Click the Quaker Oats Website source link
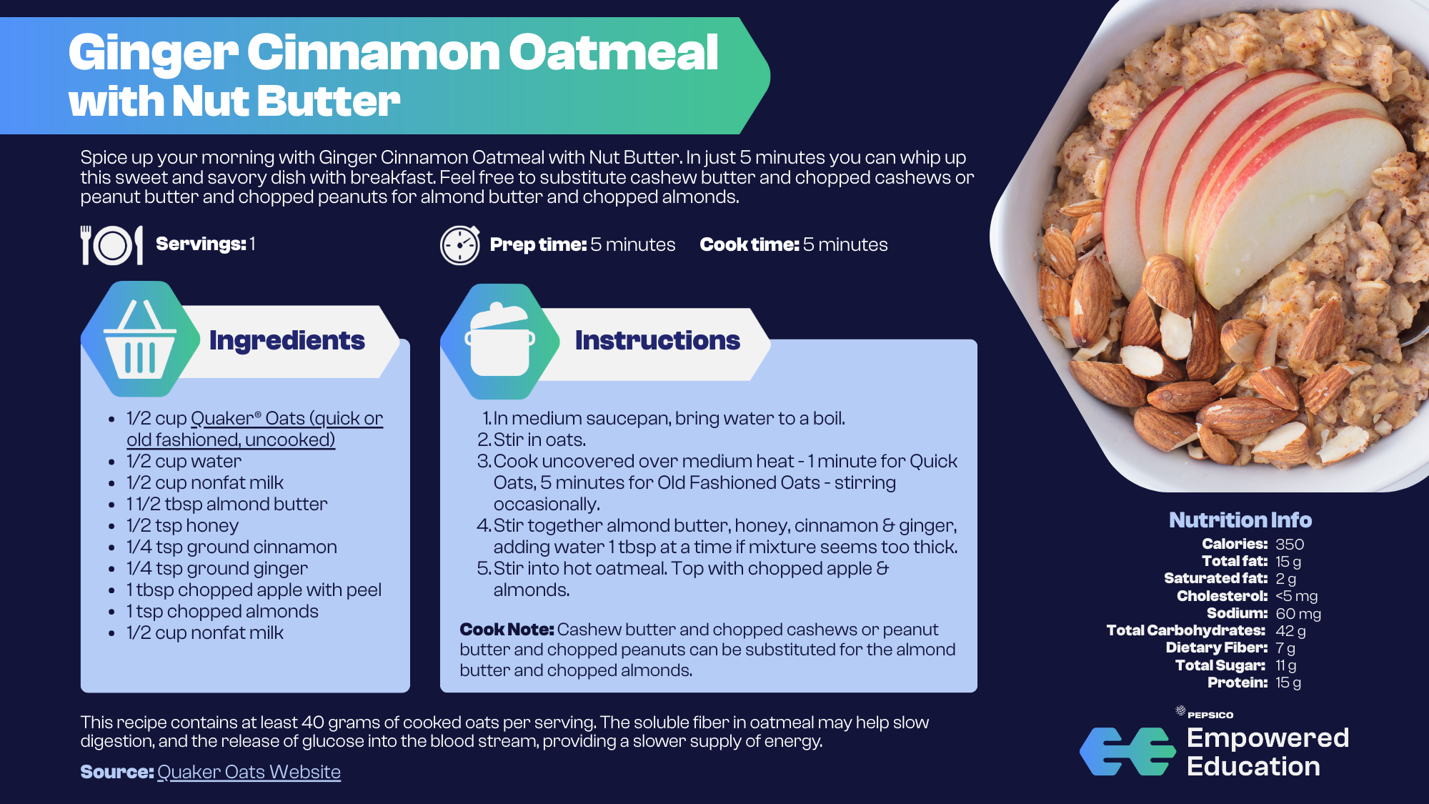tap(249, 772)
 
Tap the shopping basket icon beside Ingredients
tap(140, 339)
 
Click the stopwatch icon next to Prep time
tap(460, 245)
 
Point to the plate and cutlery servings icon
tap(112, 245)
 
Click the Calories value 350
tap(1290, 545)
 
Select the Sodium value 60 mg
tap(1298, 614)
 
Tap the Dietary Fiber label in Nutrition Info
tap(1217, 647)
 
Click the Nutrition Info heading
tap(1240, 520)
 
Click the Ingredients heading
tap(287, 340)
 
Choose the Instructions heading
tap(657, 340)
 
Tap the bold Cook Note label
tap(507, 630)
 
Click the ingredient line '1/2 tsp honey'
tap(183, 526)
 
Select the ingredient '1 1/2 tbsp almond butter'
tap(227, 505)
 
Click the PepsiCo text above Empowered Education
tap(1210, 715)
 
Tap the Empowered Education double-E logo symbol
tap(1127, 752)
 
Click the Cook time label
tap(750, 245)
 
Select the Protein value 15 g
tap(1288, 683)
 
